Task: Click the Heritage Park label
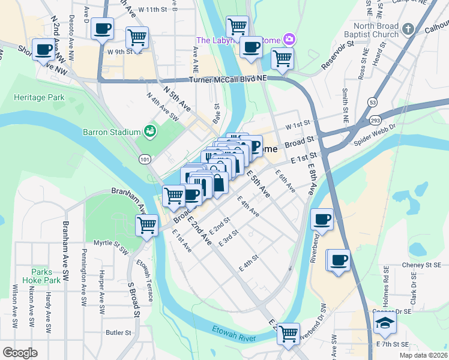pyautogui.click(x=39, y=97)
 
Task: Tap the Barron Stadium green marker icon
pyautogui.click(x=150, y=131)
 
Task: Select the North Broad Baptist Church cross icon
pyautogui.click(x=408, y=29)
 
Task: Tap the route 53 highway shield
pyautogui.click(x=373, y=103)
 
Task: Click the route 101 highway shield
pyautogui.click(x=143, y=159)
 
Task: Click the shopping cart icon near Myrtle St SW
pyautogui.click(x=146, y=226)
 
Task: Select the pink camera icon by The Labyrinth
pyautogui.click(x=289, y=40)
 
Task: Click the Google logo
pyautogui.click(x=20, y=353)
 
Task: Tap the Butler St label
pyautogui.click(x=118, y=332)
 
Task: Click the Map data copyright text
pyautogui.click(x=423, y=355)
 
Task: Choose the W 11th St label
pyautogui.click(x=152, y=10)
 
